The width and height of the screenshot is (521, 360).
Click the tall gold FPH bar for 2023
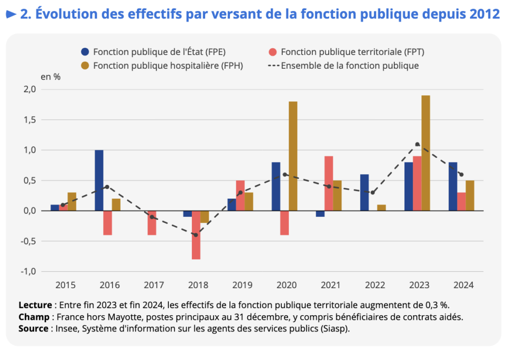point(426,153)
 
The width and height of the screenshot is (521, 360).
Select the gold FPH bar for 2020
point(293,156)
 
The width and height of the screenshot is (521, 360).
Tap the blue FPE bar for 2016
point(99,180)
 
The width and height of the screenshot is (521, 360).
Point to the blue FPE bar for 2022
point(364,192)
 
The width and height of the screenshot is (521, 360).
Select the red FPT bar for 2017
point(152,223)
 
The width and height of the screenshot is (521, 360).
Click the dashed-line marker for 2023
point(417,144)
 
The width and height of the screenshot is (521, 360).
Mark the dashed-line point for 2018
point(196,235)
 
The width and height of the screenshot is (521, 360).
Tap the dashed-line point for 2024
point(461,174)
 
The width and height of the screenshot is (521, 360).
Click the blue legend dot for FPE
point(85,51)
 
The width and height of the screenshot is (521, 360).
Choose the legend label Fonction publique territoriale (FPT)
point(352,51)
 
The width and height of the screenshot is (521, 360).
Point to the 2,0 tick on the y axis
point(30,89)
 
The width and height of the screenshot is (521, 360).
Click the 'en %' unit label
point(50,77)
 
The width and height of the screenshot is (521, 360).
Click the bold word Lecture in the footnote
point(35,305)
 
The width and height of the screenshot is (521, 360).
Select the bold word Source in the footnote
point(34,328)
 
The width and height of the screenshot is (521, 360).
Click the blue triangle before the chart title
point(11,14)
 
